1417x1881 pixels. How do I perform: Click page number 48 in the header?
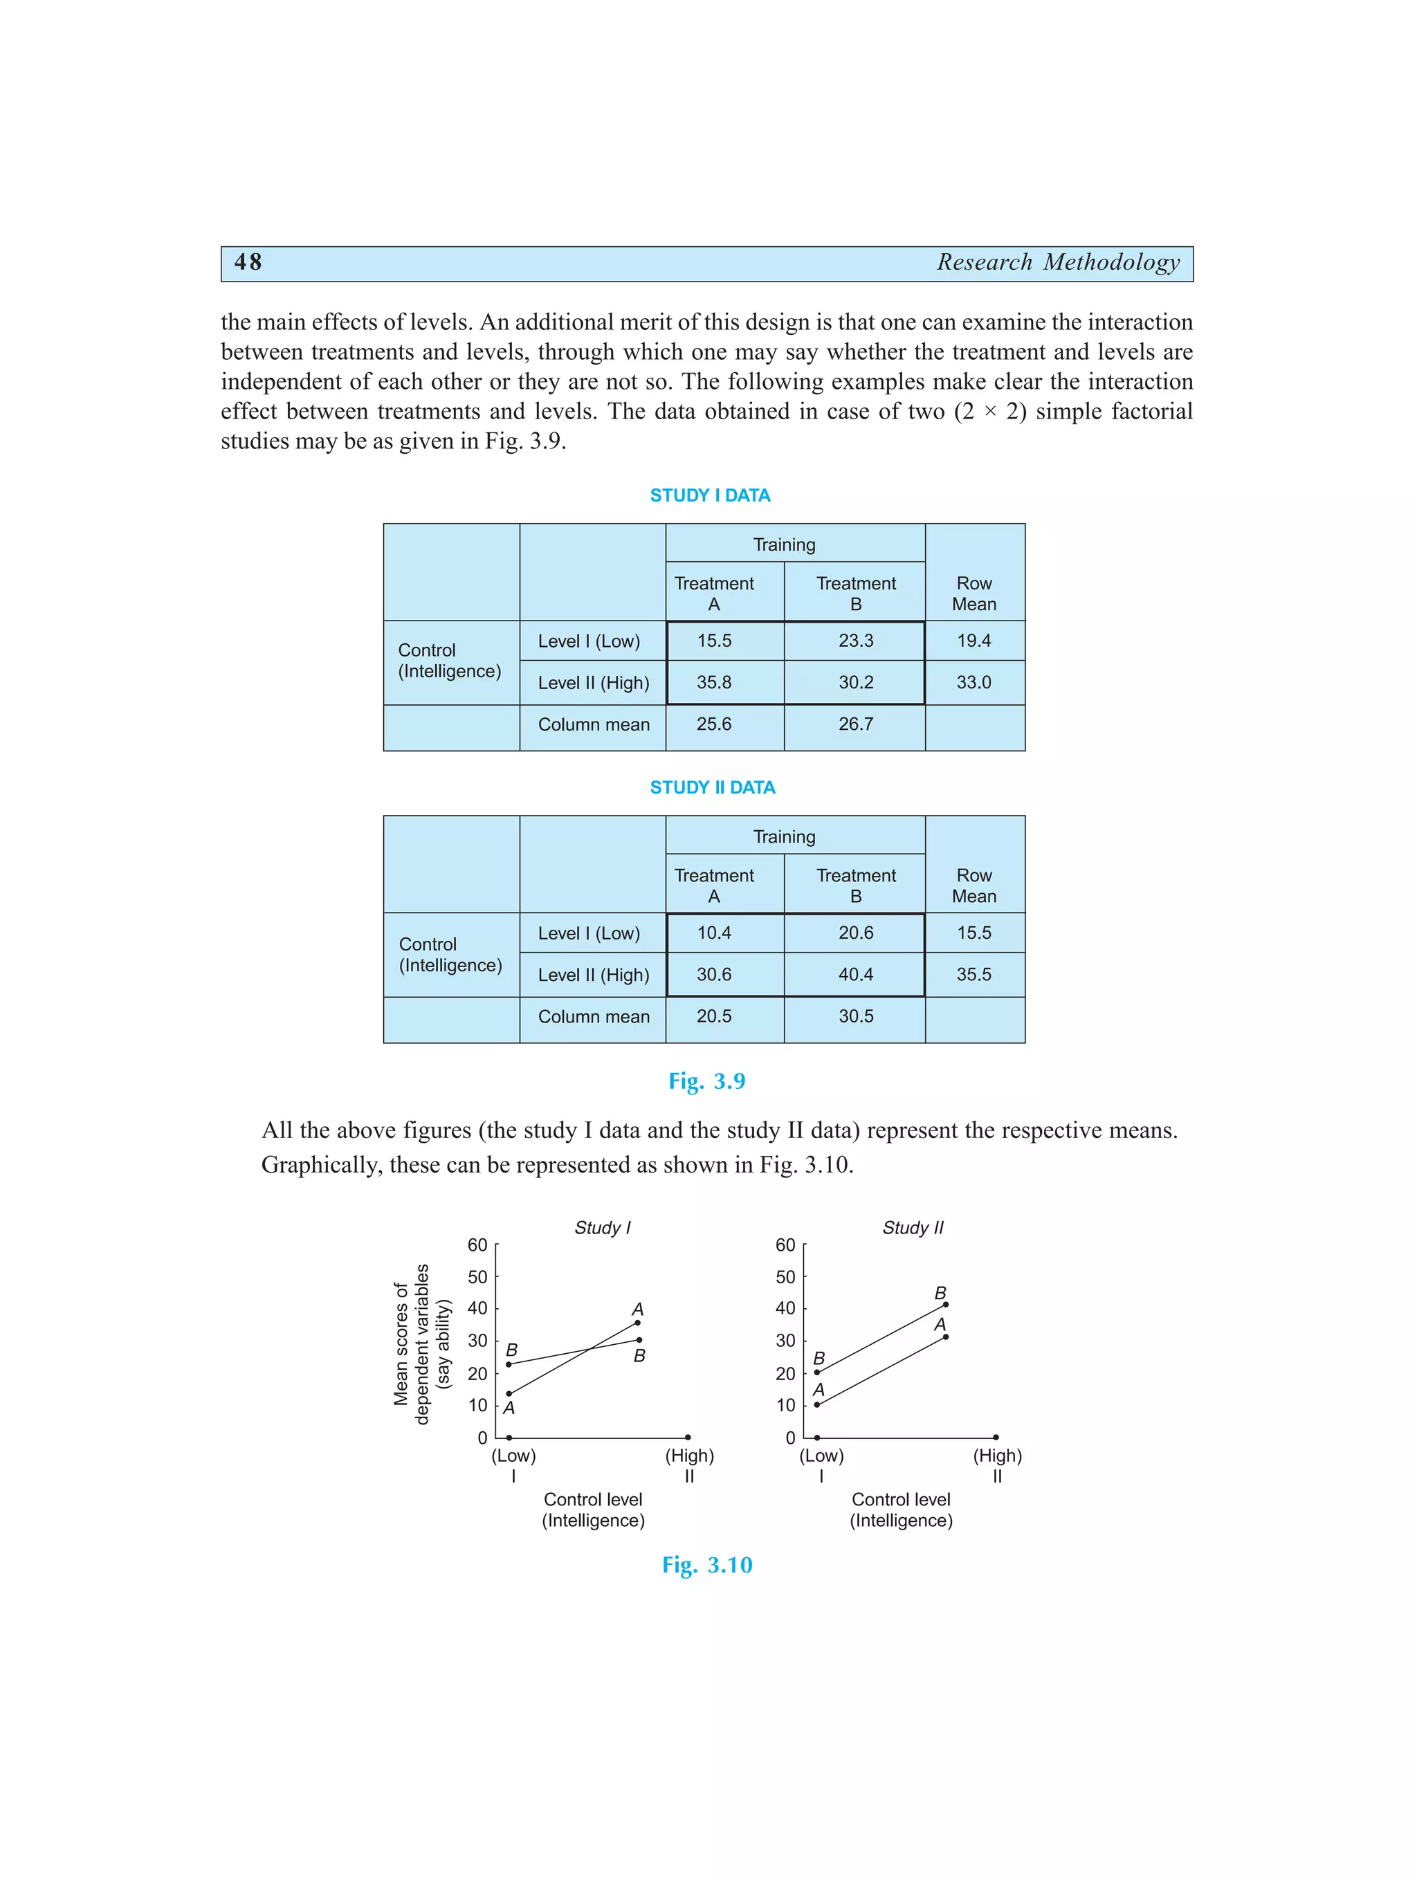coord(248,262)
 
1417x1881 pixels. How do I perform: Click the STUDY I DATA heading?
coord(709,495)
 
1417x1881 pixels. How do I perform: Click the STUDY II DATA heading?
coord(712,787)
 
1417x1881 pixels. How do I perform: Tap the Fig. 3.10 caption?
coord(707,1565)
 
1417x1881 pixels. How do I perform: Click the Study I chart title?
coord(602,1227)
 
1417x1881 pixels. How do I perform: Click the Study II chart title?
coord(913,1227)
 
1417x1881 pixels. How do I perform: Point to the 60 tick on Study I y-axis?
coord(477,1245)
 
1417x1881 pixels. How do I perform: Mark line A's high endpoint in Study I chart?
coord(638,1322)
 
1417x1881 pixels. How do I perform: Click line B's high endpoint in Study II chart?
coord(946,1305)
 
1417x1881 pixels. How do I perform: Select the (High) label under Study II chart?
coord(997,1455)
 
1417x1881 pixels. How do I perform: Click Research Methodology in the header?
coord(1058,262)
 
